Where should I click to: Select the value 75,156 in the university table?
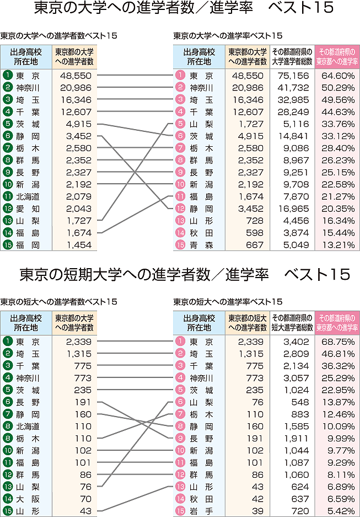tap(292, 76)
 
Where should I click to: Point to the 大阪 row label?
tap(28, 499)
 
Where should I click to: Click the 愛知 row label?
tap(28, 209)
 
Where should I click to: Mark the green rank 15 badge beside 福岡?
tap(7, 244)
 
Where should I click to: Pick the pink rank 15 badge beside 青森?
tap(180, 244)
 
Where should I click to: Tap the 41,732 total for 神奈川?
tap(292, 88)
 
